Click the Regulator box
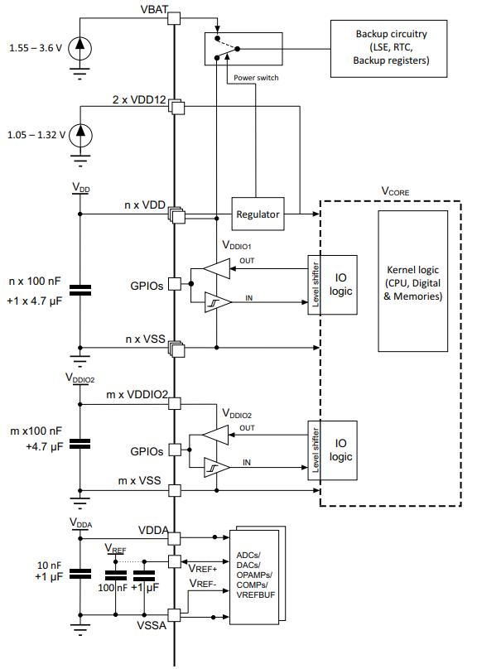tap(258, 214)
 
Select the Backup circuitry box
tap(388, 49)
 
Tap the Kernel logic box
tap(412, 281)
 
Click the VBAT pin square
tap(174, 18)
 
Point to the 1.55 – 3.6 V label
tap(36, 48)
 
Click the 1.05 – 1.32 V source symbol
tap(80, 135)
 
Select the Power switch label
tap(256, 78)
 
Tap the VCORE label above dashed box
tap(395, 191)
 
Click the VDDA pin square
tap(174, 538)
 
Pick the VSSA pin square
tap(174, 615)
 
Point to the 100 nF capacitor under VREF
tap(116, 575)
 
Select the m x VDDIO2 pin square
tap(174, 403)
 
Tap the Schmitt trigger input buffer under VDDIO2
tap(218, 468)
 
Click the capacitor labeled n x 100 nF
tap(80, 290)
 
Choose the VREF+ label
tap(203, 569)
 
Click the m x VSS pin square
tap(174, 490)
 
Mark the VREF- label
tap(203, 583)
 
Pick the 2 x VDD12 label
tap(139, 100)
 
